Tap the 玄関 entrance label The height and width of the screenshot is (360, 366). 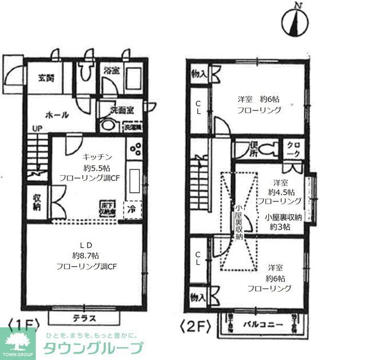click(46, 78)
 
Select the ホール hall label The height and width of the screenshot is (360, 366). click(57, 114)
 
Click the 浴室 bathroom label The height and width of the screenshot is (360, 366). click(112, 70)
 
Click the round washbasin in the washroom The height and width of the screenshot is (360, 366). click(108, 125)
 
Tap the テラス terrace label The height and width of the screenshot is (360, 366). click(85, 318)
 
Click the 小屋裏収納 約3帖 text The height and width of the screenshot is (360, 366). click(278, 222)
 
